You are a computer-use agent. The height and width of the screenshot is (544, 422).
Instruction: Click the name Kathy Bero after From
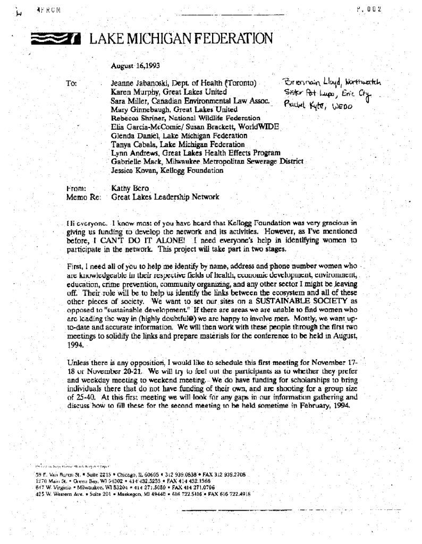(126, 188)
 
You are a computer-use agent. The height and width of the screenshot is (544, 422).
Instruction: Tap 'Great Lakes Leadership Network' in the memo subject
(165, 197)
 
